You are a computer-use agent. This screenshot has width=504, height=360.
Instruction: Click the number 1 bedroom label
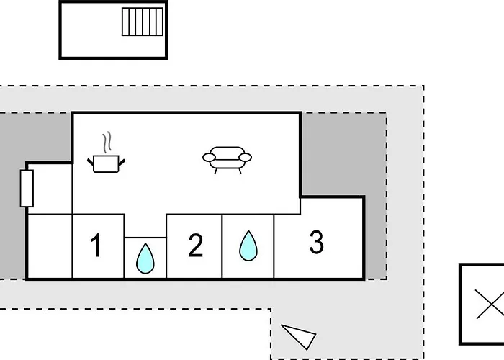coord(96,245)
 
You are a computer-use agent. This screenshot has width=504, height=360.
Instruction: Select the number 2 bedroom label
coord(195,245)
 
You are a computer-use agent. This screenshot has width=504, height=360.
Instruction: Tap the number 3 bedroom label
coord(317,242)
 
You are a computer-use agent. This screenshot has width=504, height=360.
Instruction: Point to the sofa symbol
coord(227,160)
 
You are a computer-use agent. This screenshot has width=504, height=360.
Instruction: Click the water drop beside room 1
coord(145,258)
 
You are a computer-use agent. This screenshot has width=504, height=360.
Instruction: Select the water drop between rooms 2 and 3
coord(248,246)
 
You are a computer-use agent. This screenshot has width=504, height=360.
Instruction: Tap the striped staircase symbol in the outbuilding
coord(143,22)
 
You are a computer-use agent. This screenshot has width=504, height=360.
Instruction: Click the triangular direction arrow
coord(299,336)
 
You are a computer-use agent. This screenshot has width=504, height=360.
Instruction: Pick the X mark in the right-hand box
coord(490,304)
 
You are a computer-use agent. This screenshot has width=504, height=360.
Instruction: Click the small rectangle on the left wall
coord(27,189)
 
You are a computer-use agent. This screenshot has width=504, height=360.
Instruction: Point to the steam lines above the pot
coord(107,142)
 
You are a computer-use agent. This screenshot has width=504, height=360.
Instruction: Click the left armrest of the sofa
coord(209,158)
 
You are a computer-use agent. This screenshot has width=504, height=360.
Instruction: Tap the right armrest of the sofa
coord(246,158)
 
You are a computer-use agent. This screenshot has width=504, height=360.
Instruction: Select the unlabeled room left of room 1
coord(50,246)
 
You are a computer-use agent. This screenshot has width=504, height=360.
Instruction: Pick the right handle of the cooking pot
coord(122,162)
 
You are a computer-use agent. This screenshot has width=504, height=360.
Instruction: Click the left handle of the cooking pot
coord(91,162)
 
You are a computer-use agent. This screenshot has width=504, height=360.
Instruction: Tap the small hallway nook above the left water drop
coord(145,225)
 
